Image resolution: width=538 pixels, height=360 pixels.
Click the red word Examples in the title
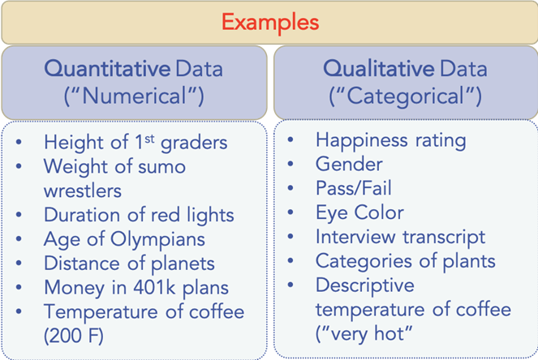pyautogui.click(x=270, y=22)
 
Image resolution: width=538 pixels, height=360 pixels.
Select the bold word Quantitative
pyautogui.click(x=107, y=69)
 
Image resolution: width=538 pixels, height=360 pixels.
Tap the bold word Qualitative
pyautogui.click(x=379, y=69)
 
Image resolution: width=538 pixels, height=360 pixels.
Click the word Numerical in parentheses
pyautogui.click(x=134, y=96)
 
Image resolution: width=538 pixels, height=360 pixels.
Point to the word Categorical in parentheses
pyautogui.click(x=405, y=96)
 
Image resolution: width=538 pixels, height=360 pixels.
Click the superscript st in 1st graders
pyautogui.click(x=149, y=139)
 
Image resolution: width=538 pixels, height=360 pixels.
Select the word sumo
pyautogui.click(x=161, y=167)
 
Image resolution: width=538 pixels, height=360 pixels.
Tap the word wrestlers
pyautogui.click(x=83, y=191)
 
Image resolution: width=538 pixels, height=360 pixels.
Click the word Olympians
pyautogui.click(x=157, y=240)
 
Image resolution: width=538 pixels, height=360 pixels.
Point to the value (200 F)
pyautogui.click(x=73, y=336)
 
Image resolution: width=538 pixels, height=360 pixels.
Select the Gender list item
pyautogui.click(x=349, y=165)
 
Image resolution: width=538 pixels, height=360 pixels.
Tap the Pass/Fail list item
pyautogui.click(x=354, y=188)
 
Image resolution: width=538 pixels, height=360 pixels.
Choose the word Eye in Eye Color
pyautogui.click(x=332, y=213)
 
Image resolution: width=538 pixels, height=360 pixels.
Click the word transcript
pyautogui.click(x=444, y=237)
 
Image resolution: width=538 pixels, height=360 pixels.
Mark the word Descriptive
pyautogui.click(x=364, y=285)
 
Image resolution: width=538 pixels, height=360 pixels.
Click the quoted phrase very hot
pyautogui.click(x=364, y=333)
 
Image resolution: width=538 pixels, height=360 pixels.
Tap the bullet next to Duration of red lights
pyautogui.click(x=19, y=215)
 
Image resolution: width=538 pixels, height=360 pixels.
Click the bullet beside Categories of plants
pyautogui.click(x=291, y=260)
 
